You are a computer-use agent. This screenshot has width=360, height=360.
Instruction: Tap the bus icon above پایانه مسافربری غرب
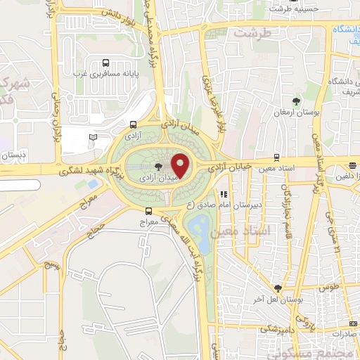pyautogui.click(x=105, y=62)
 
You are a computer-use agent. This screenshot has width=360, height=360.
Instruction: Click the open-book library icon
pyautogui.click(x=93, y=136)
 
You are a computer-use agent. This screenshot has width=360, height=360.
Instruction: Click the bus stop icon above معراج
pyautogui.click(x=148, y=211)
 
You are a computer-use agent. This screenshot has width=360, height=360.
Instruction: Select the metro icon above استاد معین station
pyautogui.click(x=276, y=158)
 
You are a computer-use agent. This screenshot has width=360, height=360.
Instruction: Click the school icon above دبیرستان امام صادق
pyautogui.click(x=224, y=195)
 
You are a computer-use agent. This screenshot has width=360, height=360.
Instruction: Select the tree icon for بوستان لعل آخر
pyautogui.click(x=278, y=288)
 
